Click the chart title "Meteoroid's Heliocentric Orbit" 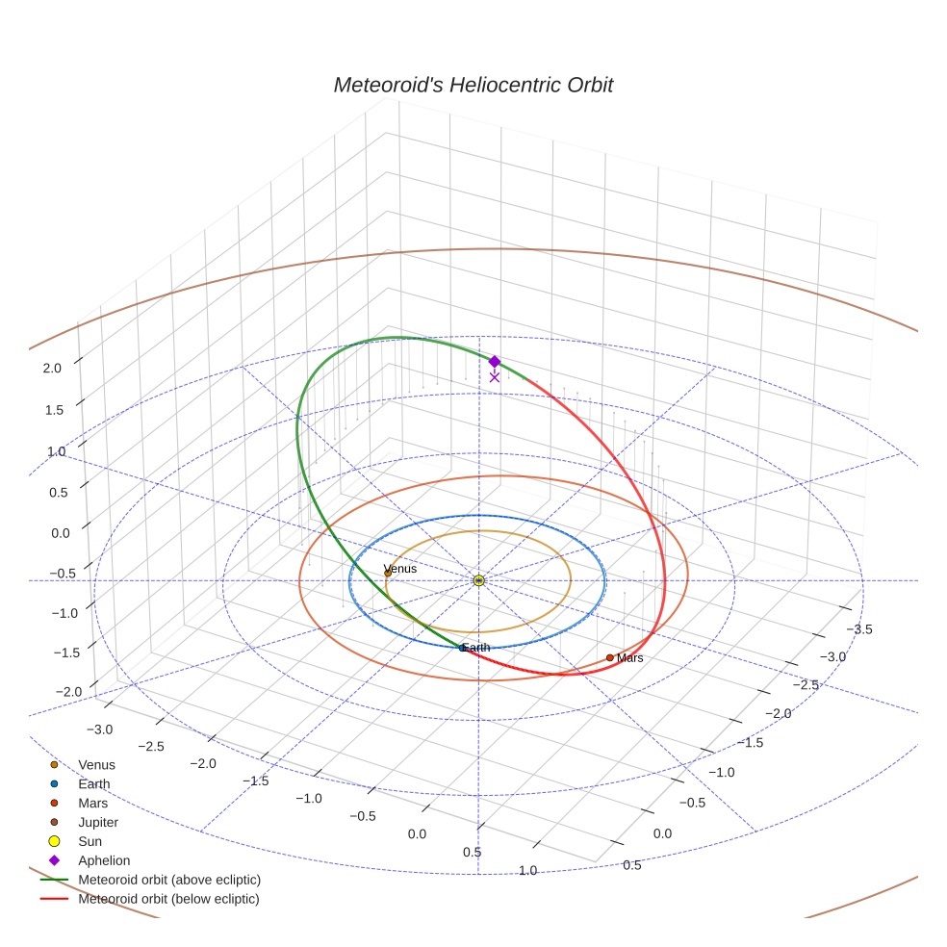click(473, 85)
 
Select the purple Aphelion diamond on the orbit click(495, 362)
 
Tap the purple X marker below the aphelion click(495, 377)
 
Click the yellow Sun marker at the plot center click(479, 580)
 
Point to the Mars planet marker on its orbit click(610, 658)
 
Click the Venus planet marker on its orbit click(388, 574)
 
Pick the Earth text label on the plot click(476, 648)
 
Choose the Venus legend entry click(96, 765)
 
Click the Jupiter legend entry click(98, 823)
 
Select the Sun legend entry click(90, 842)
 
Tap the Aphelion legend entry click(104, 860)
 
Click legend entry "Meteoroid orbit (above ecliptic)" click(169, 880)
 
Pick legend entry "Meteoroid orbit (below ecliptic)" click(168, 899)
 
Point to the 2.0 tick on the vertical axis click(52, 368)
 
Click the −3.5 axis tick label click(858, 628)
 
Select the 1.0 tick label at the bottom click(527, 871)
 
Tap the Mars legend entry click(92, 804)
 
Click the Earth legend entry click(93, 784)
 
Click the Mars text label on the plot click(630, 658)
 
